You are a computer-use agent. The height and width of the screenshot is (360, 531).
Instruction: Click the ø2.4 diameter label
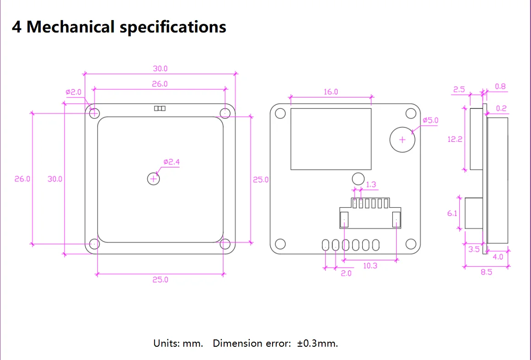172,162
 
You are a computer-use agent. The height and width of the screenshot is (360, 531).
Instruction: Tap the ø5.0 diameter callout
430,120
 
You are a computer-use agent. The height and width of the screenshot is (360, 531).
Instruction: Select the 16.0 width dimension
331,92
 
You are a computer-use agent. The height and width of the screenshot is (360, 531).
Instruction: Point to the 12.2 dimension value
455,140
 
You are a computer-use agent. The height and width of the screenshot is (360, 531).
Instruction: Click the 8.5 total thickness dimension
487,272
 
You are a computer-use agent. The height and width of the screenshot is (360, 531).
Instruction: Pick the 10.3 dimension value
370,266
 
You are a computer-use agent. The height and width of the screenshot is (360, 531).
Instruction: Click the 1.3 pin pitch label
371,185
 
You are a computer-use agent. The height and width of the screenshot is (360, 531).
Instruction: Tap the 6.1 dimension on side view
452,213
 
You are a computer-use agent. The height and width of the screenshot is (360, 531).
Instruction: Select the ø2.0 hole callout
73,92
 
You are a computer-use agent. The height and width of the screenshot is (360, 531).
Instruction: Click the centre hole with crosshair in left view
154,179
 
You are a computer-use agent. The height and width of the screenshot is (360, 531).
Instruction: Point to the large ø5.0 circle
402,140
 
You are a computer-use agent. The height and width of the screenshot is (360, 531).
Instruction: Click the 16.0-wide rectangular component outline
331,139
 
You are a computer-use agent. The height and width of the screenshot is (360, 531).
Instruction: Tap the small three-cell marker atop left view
160,108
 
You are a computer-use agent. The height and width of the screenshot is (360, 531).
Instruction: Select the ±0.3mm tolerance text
317,343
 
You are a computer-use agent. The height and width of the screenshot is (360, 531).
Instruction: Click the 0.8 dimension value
500,86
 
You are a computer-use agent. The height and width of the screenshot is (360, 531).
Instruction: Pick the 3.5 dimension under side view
474,249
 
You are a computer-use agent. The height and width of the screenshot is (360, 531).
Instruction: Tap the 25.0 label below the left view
160,279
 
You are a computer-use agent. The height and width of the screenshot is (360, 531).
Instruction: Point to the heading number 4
16,27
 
